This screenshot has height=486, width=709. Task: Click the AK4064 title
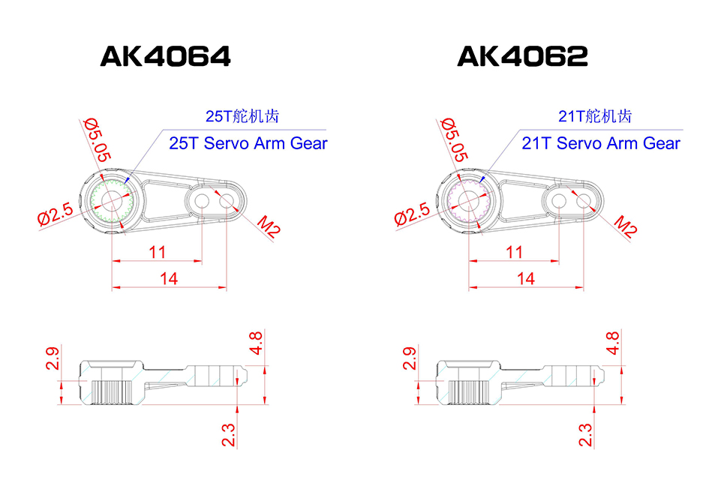165,57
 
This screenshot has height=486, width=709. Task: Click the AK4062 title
522,57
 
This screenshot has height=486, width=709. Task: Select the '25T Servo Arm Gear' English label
248,143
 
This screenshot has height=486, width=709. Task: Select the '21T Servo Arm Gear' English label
601,143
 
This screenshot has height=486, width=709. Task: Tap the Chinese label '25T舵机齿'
242,116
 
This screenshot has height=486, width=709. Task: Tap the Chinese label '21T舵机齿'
595,116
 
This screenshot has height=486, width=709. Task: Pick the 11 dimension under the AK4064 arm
157,252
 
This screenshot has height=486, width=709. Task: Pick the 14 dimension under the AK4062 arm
527,278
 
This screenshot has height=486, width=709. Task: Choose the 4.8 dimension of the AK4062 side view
612,342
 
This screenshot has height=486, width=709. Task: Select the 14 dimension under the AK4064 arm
170,278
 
